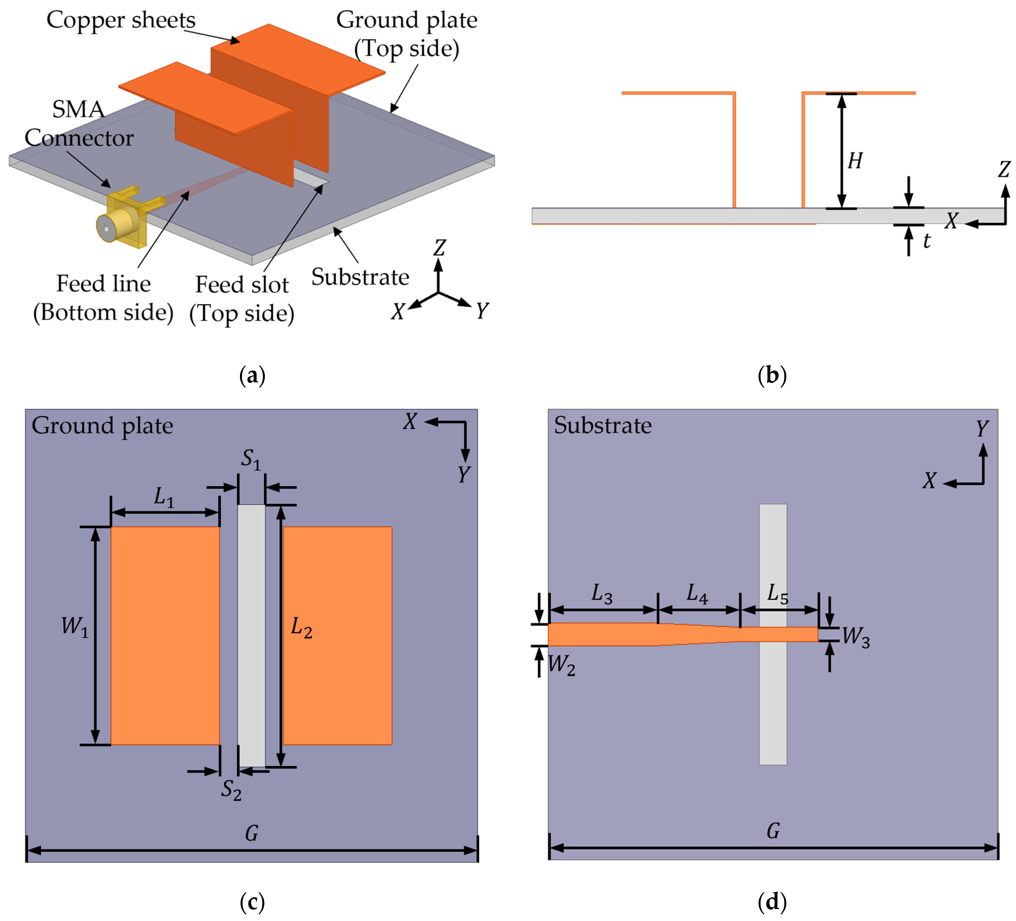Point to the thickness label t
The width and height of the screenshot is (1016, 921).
click(926, 241)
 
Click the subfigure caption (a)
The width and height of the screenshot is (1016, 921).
click(252, 375)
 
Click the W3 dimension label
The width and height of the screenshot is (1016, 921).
click(856, 636)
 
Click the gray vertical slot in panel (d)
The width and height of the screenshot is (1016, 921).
click(773, 705)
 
